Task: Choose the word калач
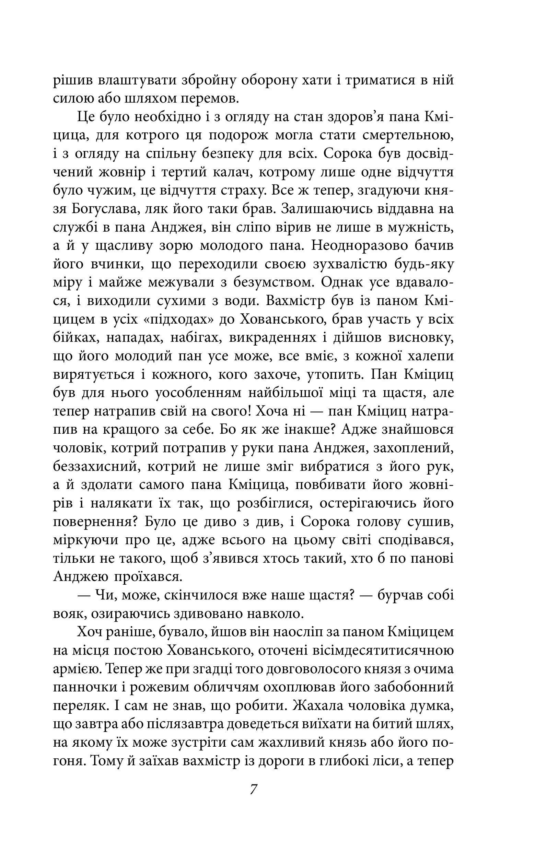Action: [232, 172]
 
